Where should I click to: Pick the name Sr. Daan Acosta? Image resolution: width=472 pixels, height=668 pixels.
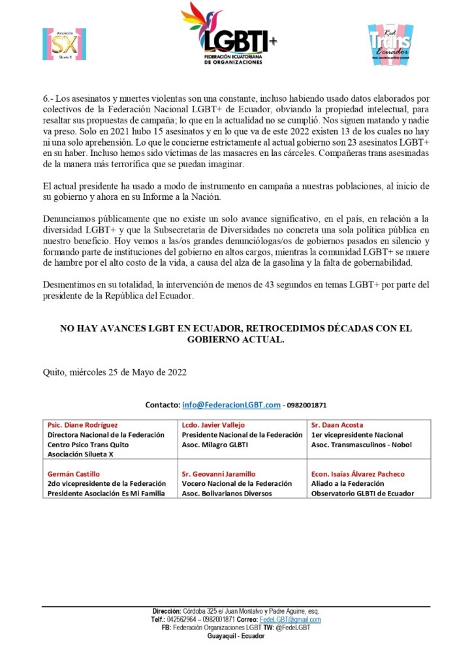pos(337,424)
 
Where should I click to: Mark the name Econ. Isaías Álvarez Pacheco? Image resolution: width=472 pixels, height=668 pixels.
pos(358,473)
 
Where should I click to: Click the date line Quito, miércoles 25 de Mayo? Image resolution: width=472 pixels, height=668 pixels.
pos(114,372)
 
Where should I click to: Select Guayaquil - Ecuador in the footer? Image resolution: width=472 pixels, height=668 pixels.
pos(236,636)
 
